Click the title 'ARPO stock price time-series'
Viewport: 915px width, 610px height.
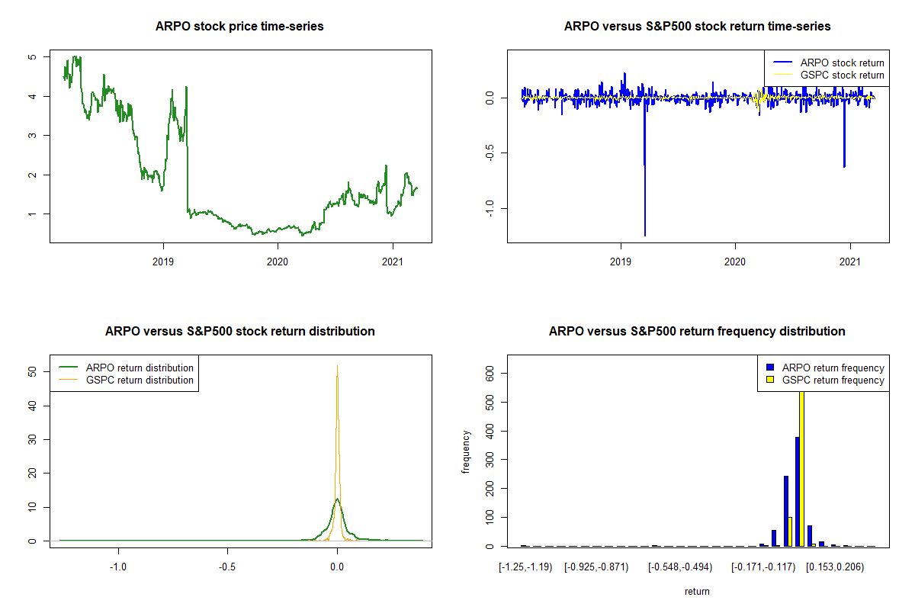coord(240,27)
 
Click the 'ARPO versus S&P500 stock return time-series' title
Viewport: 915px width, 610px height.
coord(697,27)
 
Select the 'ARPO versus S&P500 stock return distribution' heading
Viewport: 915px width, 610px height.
coord(240,332)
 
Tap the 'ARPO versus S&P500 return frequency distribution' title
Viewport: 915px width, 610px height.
coord(697,332)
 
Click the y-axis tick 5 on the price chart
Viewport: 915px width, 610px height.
coord(31,57)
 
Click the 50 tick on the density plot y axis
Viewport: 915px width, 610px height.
coord(31,371)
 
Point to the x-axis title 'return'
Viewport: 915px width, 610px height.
coord(697,591)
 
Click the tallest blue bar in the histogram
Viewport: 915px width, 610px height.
coord(797,491)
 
